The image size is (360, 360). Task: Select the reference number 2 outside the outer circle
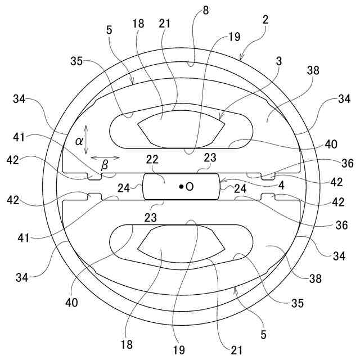click(x=265, y=19)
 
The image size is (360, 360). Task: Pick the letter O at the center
click(x=190, y=186)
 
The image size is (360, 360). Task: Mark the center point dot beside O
click(x=181, y=186)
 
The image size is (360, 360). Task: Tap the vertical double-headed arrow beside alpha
click(x=85, y=140)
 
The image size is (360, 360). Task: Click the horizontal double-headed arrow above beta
click(x=104, y=157)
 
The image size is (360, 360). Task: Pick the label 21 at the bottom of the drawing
click(x=236, y=350)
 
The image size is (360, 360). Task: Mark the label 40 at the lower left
click(x=71, y=302)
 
